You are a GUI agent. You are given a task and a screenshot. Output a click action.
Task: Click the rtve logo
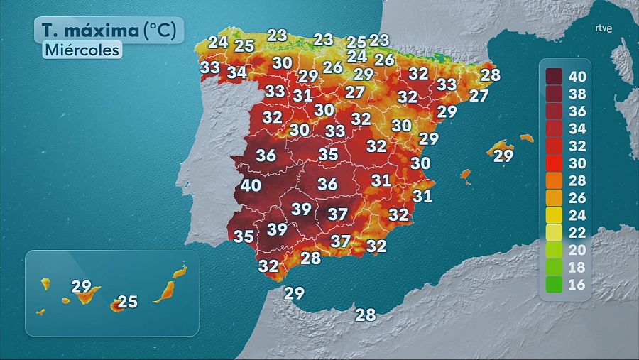tap(603, 29)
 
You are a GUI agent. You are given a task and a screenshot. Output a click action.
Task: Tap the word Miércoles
tap(82, 50)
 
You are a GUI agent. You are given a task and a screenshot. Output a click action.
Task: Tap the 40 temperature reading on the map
tap(251, 185)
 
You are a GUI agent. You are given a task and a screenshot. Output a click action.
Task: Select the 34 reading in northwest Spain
tap(237, 72)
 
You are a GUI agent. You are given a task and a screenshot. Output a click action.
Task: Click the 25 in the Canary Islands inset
tap(127, 302)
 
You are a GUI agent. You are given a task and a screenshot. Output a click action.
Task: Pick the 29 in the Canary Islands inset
tap(82, 287)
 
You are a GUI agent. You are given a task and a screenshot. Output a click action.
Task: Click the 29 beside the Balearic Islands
tap(503, 156)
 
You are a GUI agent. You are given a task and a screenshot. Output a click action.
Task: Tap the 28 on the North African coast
tap(365, 315)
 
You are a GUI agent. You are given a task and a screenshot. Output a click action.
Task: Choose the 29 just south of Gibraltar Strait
tap(294, 293)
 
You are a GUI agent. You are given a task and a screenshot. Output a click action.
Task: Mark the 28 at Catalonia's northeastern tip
tap(491, 74)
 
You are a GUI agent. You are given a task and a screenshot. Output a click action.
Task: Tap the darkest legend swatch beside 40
tap(555, 76)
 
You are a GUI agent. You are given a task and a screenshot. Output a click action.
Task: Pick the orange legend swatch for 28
tap(555, 180)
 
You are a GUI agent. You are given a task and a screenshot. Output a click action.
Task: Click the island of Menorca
tap(526, 138)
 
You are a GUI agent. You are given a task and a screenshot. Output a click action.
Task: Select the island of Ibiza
tap(466, 173)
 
